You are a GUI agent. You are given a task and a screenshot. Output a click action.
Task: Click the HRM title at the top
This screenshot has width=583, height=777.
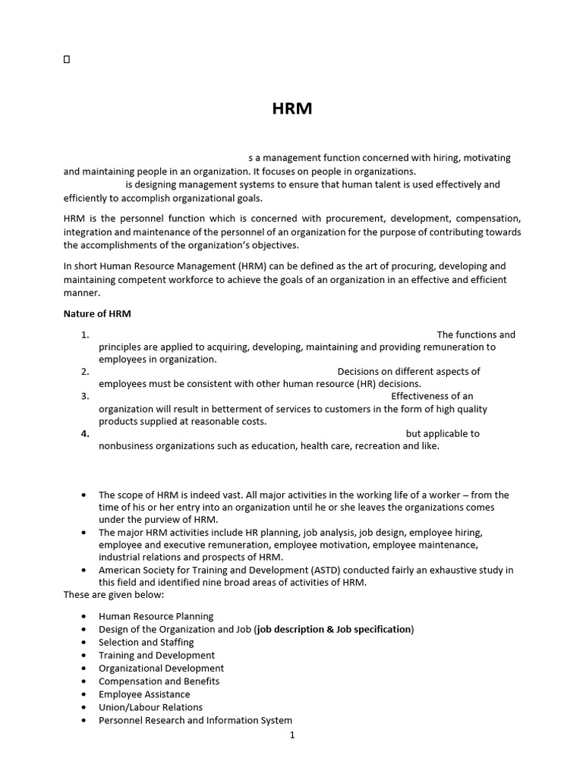(291, 109)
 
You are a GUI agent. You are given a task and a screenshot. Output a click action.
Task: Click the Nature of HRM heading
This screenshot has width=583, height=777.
(98, 313)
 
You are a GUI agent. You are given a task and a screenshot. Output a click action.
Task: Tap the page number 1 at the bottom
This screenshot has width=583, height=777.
(291, 735)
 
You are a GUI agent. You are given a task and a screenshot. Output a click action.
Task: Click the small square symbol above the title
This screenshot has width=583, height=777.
(67, 59)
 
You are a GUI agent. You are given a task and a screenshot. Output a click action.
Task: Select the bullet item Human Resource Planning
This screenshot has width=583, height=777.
(156, 616)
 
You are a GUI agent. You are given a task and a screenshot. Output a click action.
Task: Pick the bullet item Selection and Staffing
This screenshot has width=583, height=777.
(146, 642)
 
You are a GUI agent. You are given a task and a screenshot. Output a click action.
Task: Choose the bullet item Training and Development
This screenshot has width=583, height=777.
(156, 655)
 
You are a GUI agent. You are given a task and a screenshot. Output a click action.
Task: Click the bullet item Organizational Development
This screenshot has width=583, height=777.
(161, 668)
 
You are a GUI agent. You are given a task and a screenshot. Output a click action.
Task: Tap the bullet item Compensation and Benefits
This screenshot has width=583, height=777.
(159, 681)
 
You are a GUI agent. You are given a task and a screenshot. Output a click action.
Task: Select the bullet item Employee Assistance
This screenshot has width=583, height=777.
(144, 694)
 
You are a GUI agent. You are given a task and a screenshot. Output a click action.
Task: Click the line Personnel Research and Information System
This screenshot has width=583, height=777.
(195, 720)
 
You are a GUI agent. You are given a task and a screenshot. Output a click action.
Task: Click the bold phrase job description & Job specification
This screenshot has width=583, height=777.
(334, 629)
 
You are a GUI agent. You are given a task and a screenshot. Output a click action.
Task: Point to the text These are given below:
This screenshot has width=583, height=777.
(109, 594)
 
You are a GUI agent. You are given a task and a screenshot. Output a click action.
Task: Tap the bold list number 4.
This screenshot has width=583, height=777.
(85, 434)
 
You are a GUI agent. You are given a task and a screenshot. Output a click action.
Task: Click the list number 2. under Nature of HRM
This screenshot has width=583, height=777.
(85, 372)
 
